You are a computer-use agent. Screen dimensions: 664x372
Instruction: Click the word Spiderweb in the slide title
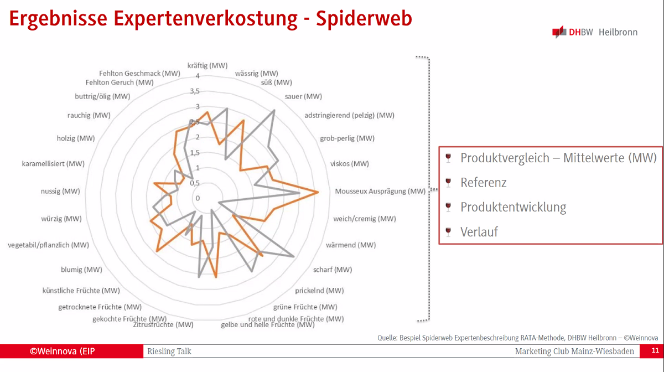[364, 18]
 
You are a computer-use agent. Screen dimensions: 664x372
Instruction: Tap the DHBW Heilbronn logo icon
[559, 32]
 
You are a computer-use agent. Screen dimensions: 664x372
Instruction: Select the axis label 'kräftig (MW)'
[207, 65]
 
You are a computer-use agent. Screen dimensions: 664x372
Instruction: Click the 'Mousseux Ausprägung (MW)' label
[380, 191]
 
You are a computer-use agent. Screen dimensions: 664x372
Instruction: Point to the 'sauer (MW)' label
[303, 96]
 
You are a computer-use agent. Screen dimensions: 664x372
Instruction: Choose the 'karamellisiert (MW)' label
[53, 164]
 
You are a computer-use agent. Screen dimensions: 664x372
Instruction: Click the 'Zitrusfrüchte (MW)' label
[163, 325]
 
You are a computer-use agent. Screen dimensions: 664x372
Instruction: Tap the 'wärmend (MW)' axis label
[351, 245]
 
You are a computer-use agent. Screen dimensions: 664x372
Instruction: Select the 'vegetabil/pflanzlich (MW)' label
[48, 245]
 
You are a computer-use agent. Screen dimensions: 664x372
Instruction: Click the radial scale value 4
[198, 76]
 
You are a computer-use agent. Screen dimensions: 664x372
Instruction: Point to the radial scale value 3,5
[195, 91]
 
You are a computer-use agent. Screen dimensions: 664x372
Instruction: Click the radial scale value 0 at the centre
[198, 198]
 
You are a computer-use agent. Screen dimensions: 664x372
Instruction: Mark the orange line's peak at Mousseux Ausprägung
[318, 192]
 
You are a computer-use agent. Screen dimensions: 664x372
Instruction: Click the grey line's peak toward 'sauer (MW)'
[274, 110]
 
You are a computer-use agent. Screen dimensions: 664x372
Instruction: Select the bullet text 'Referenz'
[484, 183]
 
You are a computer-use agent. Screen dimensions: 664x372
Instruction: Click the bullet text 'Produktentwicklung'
[513, 207]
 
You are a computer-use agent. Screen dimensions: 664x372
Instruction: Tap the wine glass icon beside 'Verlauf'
[448, 232]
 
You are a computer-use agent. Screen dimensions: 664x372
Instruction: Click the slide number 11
[655, 350]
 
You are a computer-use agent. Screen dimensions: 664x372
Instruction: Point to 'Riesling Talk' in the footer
[169, 351]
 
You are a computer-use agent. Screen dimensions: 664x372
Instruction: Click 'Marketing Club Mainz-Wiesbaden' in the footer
[574, 351]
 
